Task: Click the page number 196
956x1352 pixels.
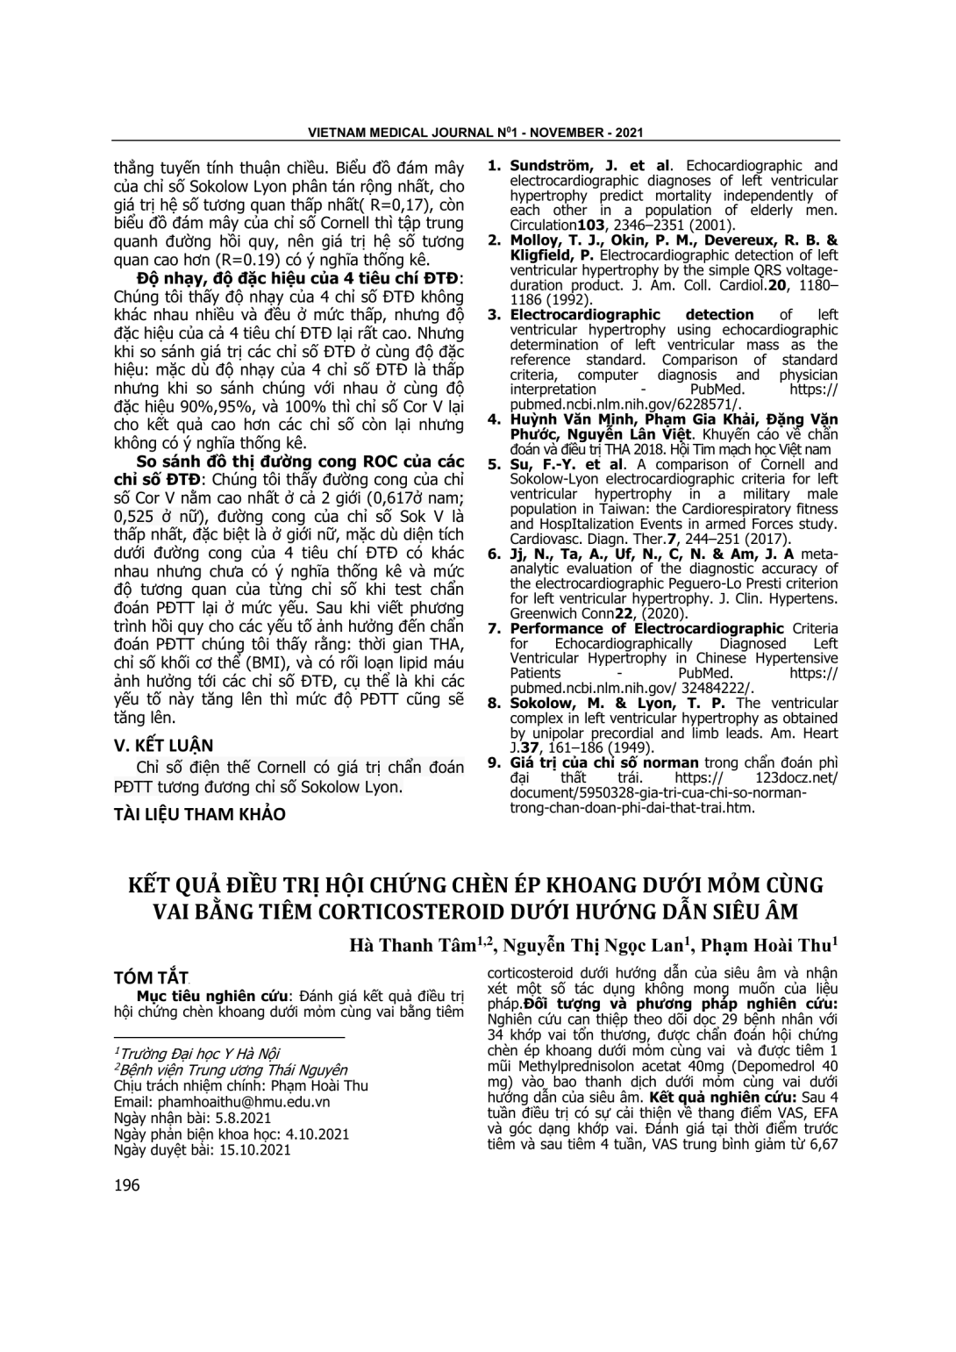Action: click(x=127, y=1186)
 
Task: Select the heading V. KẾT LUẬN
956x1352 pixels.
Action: click(x=164, y=746)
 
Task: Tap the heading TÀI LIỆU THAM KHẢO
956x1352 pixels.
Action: click(x=200, y=814)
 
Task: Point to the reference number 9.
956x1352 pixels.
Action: click(x=494, y=763)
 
